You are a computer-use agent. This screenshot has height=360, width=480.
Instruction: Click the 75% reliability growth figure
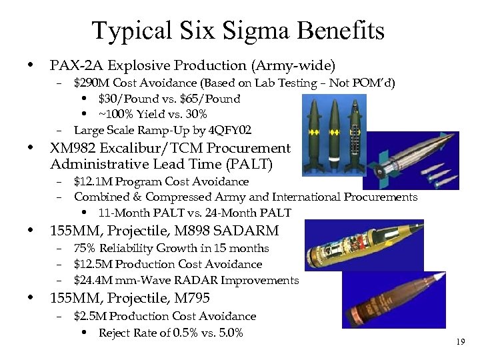[x=85, y=248]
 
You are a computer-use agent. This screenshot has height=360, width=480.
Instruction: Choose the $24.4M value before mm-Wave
[x=92, y=281]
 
